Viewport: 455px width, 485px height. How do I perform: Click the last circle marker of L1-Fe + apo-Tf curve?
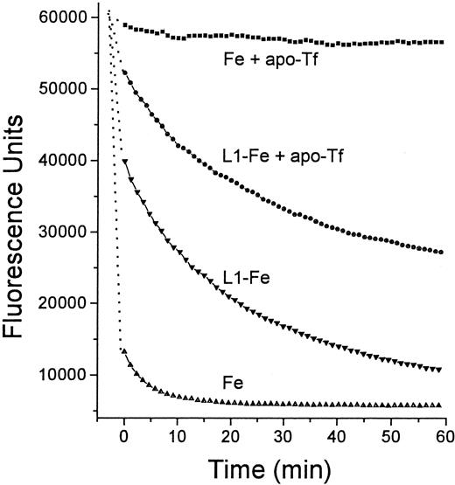pyautogui.click(x=440, y=252)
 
